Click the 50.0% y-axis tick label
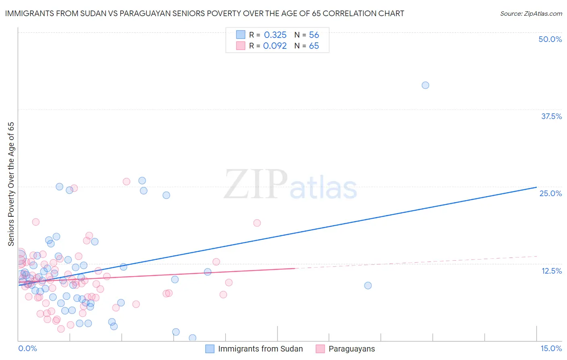point(550,39)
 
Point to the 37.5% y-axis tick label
point(551,116)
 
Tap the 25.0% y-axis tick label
point(550,193)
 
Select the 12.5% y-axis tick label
point(551,270)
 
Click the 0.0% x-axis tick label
point(27,348)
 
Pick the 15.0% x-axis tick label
point(551,348)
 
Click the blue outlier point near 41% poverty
point(425,85)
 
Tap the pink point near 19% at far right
point(257,223)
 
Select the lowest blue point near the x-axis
point(192,338)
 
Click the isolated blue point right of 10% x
point(368,285)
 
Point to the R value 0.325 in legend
point(275,35)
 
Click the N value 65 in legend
point(314,46)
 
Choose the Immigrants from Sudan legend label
point(260,349)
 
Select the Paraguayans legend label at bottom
point(352,349)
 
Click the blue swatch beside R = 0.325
point(241,35)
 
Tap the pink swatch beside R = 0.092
point(241,46)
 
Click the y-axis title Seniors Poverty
point(11,184)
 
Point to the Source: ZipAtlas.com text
point(531,14)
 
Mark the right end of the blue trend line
point(536,187)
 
